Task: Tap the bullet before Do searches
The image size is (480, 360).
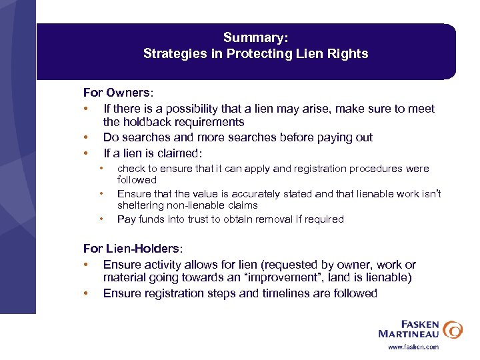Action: [87, 137]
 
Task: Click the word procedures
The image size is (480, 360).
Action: [377, 169]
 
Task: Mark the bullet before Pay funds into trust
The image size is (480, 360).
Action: [101, 219]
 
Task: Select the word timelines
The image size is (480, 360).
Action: [267, 293]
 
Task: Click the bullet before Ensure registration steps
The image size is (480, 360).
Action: [87, 293]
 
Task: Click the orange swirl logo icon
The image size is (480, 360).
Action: [453, 329]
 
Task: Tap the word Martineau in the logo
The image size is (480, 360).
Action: [407, 333]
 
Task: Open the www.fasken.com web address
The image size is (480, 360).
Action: [413, 347]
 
